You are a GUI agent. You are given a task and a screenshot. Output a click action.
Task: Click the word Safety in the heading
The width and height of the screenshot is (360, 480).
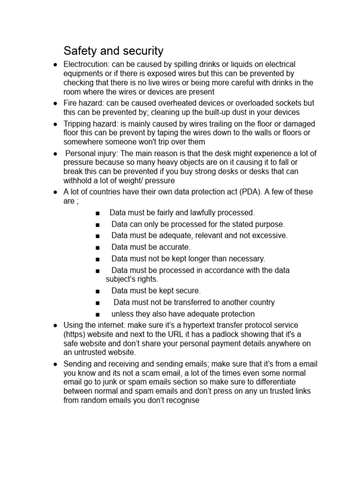(78, 51)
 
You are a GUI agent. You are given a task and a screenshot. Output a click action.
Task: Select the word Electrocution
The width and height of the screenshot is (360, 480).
(86, 64)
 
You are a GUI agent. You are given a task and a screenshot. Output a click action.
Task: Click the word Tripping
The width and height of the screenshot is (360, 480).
(78, 124)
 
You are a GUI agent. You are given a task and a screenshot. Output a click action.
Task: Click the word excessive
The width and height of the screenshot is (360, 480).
(270, 236)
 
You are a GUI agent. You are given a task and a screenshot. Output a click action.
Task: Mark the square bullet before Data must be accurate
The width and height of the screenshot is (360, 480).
(97, 247)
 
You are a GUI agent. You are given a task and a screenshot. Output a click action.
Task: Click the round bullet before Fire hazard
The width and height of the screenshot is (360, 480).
(56, 103)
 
